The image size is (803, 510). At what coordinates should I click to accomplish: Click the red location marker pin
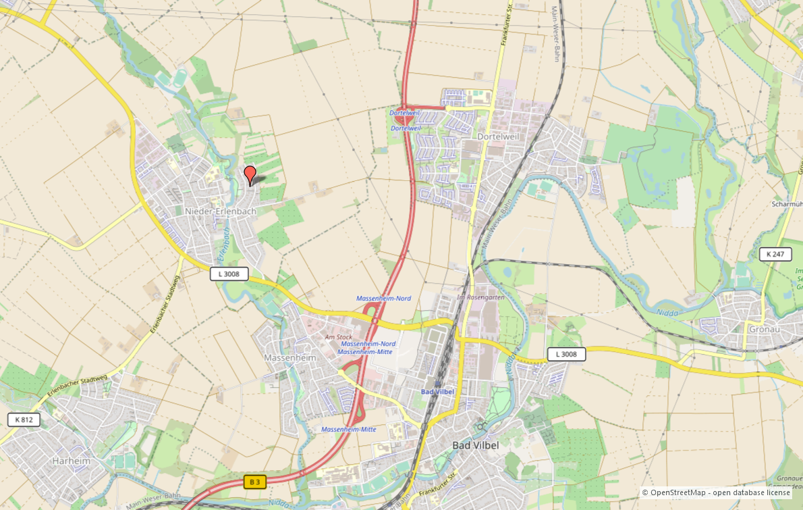point(250,174)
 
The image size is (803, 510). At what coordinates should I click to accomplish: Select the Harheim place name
point(71,461)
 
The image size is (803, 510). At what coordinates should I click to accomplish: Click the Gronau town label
point(765,329)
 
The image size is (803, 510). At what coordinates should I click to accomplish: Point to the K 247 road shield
point(775,255)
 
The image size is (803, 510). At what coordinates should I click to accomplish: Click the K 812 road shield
point(24,419)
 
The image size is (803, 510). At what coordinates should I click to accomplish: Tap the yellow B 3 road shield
point(255,482)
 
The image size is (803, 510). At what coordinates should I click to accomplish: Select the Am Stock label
point(339,336)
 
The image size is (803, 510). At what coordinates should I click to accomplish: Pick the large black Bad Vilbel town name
point(475,445)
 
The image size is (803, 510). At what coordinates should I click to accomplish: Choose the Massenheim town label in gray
point(290,357)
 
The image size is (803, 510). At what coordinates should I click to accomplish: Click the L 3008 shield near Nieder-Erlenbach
point(229,274)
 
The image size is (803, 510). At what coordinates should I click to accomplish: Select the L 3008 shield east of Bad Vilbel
point(566,354)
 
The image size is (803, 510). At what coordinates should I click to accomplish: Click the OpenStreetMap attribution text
point(716,492)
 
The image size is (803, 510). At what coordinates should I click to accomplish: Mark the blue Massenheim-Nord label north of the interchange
point(383,298)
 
